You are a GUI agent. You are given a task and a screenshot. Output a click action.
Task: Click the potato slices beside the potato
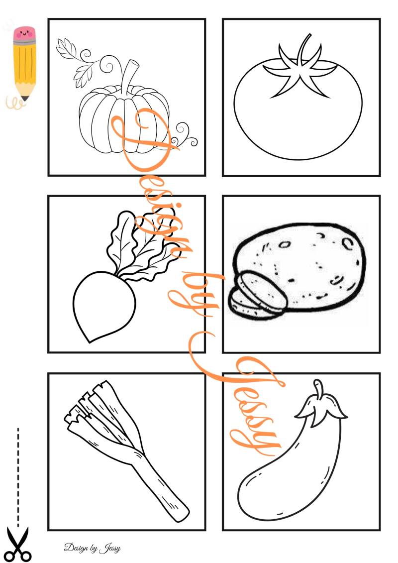(257, 294)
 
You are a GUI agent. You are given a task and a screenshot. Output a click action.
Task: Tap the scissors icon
(18, 544)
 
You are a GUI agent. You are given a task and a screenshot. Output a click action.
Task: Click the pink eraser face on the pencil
(25, 34)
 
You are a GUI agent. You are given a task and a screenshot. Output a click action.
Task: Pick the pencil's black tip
(25, 98)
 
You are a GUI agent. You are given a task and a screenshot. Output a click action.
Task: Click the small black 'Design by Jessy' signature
(92, 548)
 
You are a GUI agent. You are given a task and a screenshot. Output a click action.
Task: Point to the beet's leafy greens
(140, 245)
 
